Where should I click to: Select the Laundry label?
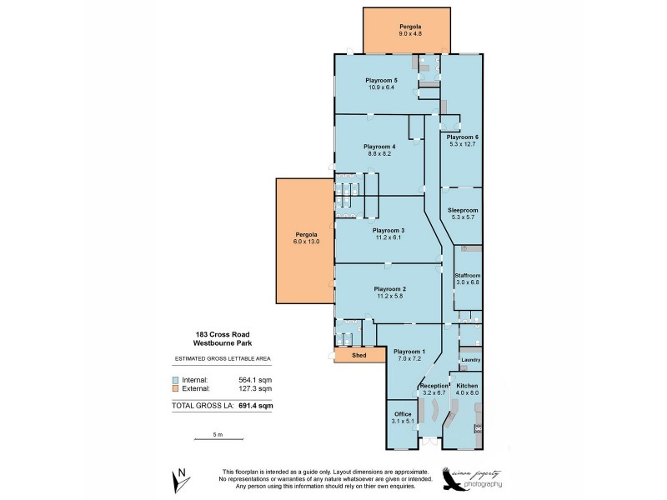point(470,359)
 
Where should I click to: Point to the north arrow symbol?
point(179,479)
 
